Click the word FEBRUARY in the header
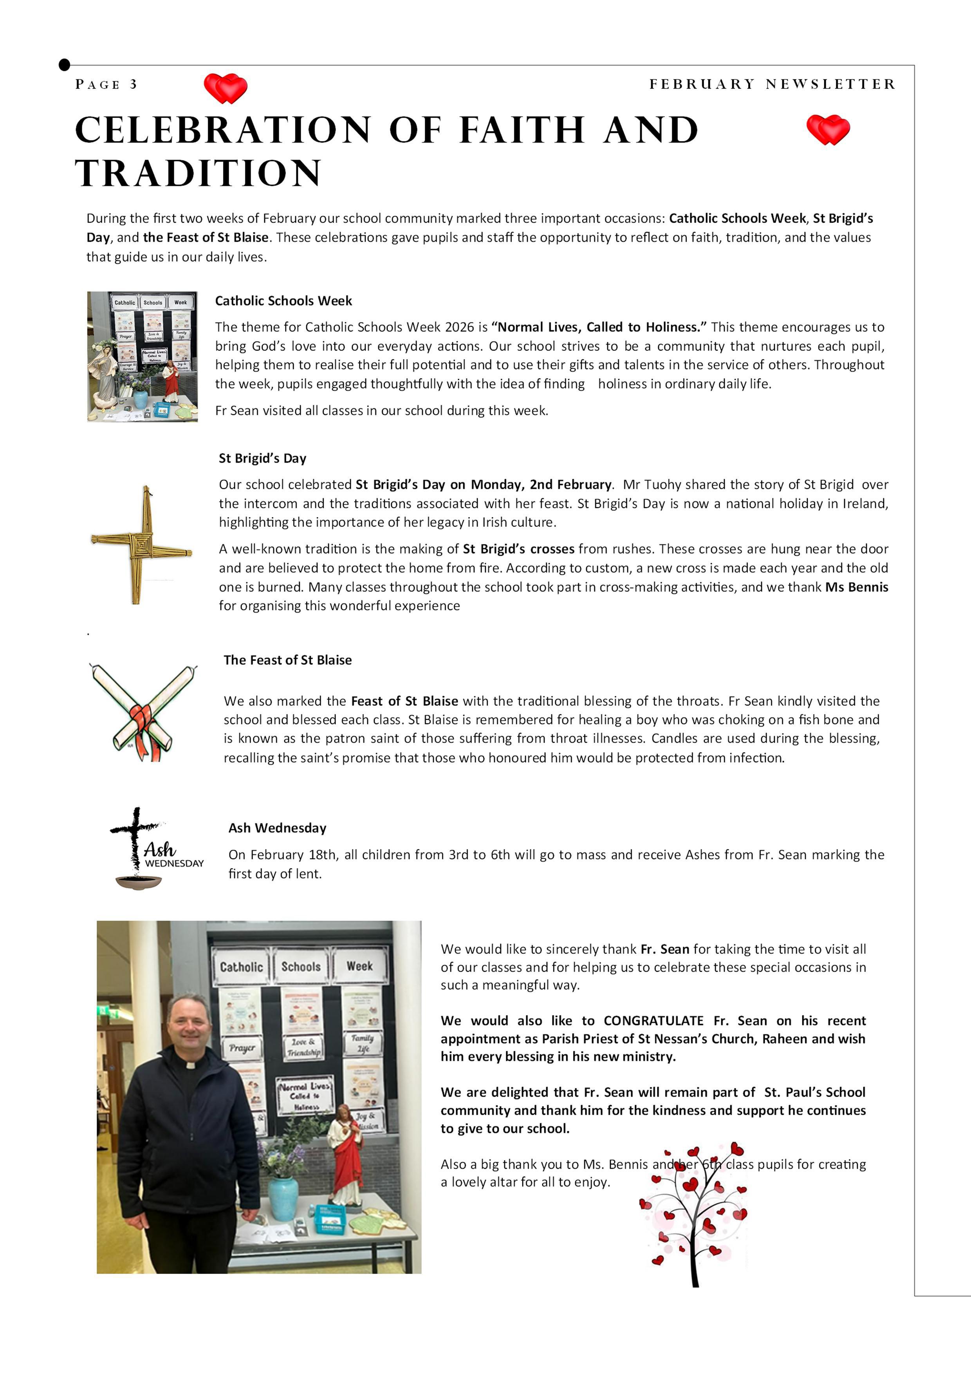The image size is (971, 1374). tap(702, 84)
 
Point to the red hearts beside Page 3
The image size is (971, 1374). tap(226, 88)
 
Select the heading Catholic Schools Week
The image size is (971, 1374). tap(283, 301)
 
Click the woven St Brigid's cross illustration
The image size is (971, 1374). tap(142, 544)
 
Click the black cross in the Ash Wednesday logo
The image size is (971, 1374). tap(136, 835)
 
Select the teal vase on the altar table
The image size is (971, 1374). tap(283, 1199)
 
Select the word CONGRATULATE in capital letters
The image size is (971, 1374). tap(653, 1021)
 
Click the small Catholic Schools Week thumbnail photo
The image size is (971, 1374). tap(143, 357)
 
